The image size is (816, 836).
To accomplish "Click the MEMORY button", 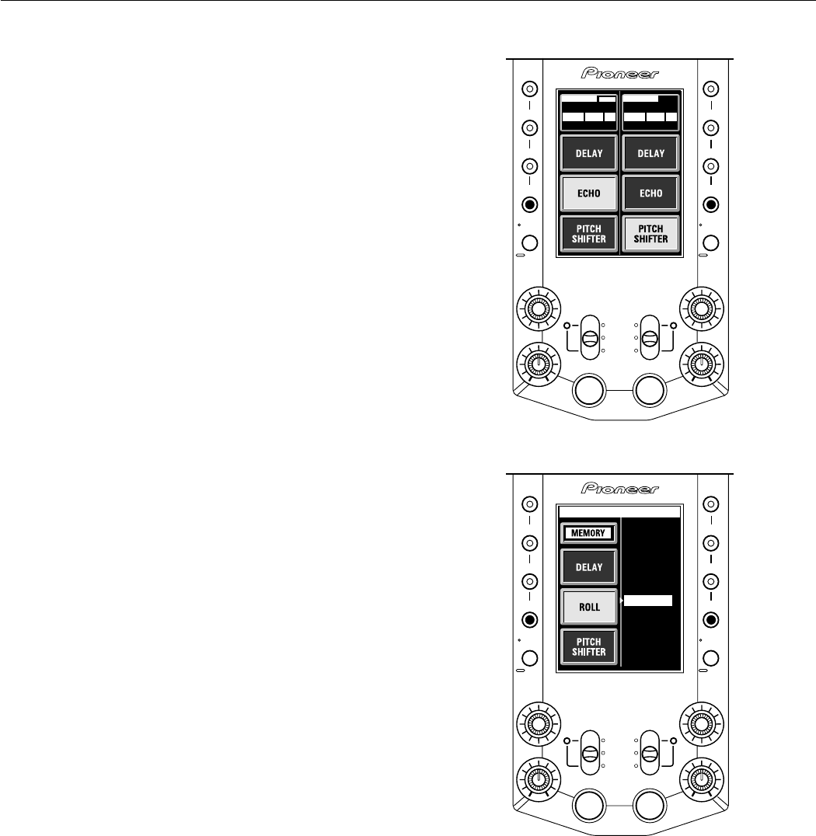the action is [589, 533].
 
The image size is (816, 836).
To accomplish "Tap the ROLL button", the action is [589, 606].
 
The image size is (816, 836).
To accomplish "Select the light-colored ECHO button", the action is [589, 193].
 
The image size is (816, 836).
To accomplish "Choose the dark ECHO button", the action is [650, 193].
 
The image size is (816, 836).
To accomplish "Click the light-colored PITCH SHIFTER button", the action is [650, 234].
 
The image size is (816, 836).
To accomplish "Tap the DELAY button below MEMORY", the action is [589, 567].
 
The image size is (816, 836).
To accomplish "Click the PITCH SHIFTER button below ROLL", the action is [589, 646].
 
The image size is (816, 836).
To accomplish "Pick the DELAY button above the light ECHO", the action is [589, 153].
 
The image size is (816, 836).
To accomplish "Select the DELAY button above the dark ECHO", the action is [650, 153].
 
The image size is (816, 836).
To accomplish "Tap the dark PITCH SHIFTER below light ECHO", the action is [589, 234].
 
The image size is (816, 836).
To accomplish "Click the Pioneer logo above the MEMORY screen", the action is [620, 489].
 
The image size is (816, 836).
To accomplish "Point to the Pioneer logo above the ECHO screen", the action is [620, 74].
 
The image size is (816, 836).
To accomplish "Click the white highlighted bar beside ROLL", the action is [648, 601].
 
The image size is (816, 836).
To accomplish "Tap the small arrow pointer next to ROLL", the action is [623, 601].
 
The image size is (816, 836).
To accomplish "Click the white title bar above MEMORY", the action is [620, 513].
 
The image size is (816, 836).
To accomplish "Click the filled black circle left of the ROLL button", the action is [529, 620].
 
